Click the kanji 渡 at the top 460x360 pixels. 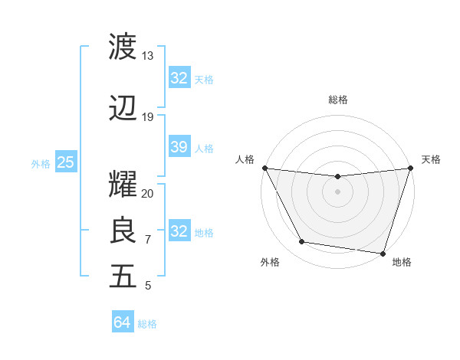click(x=123, y=46)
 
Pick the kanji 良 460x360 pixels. click(x=123, y=231)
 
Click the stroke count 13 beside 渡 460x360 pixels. click(x=147, y=56)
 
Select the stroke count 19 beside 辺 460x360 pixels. click(x=147, y=117)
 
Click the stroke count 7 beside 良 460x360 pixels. click(x=147, y=240)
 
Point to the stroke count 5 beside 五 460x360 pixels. click(x=147, y=286)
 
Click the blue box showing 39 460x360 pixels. click(x=179, y=147)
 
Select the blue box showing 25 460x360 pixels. click(x=65, y=162)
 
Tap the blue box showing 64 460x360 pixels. click(x=122, y=322)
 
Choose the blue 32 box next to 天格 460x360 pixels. click(x=179, y=78)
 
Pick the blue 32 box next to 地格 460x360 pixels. click(x=179, y=231)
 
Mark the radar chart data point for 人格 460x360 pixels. click(x=264, y=168)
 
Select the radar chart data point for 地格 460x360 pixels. click(x=382, y=253)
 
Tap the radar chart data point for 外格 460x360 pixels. click(x=302, y=242)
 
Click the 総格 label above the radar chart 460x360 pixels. click(x=337, y=100)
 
